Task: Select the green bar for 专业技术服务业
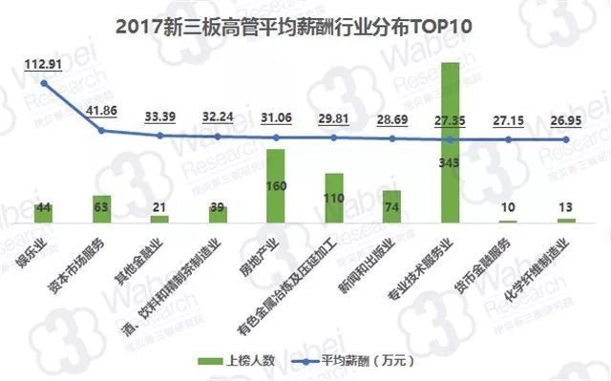coord(451,143)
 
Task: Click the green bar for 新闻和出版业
coord(392,206)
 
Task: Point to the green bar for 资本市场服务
coord(102,208)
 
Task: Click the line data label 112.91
coord(42,66)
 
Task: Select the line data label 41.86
coord(101,111)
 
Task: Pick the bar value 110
coord(334,197)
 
